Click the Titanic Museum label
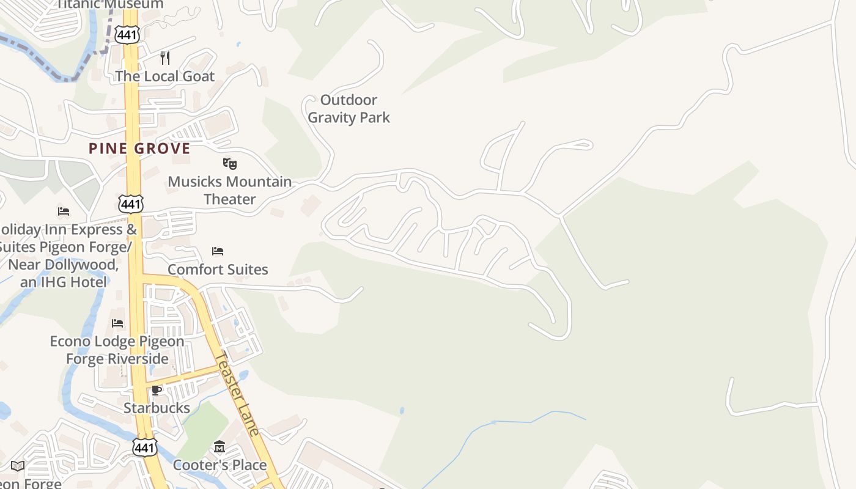point(110,4)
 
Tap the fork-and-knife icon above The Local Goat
point(164,58)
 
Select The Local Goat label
point(165,76)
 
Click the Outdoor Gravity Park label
point(349,109)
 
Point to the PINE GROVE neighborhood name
point(139,149)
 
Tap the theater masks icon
point(229,164)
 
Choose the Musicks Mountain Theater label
point(230,190)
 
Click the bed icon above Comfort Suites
point(217,251)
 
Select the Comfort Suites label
point(218,270)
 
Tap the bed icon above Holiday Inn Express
point(64,211)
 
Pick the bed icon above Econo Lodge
point(117,323)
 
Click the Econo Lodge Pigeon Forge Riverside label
point(117,350)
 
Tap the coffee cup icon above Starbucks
point(157,390)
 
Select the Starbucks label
point(157,408)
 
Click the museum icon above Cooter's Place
point(220,447)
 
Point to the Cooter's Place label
point(220,465)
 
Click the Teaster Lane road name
point(238,394)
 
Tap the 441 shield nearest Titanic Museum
point(127,35)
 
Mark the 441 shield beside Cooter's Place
point(144,447)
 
